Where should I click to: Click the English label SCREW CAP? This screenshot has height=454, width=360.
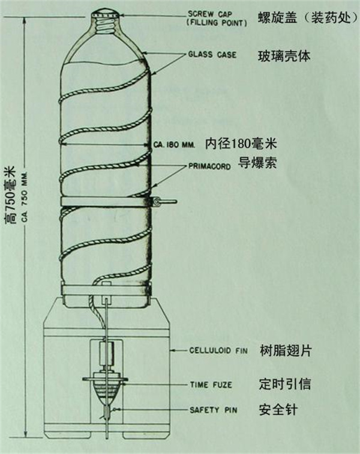(x=210, y=14)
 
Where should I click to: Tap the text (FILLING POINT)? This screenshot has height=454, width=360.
(x=217, y=23)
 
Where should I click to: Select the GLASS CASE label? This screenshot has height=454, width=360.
(x=212, y=55)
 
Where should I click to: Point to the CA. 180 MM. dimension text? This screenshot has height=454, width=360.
(x=174, y=145)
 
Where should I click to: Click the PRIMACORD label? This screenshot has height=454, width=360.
(x=209, y=166)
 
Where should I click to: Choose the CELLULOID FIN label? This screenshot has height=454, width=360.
(x=218, y=351)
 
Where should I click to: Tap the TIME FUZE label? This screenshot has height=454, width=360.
(x=211, y=385)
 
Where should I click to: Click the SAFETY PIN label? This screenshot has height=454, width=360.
(x=213, y=410)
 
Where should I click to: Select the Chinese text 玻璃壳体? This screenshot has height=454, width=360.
(x=284, y=56)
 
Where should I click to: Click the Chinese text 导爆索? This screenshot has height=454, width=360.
(x=257, y=163)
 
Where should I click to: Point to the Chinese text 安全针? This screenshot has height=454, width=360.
(x=278, y=410)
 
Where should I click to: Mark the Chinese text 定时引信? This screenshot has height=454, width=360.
(x=285, y=384)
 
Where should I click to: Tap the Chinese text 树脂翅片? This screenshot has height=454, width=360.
(x=286, y=351)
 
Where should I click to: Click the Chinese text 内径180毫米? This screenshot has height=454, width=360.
(x=241, y=144)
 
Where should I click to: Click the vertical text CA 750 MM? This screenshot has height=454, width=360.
(x=25, y=196)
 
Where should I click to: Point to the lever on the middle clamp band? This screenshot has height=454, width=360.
(x=165, y=201)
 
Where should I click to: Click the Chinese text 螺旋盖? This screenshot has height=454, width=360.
(x=278, y=18)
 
